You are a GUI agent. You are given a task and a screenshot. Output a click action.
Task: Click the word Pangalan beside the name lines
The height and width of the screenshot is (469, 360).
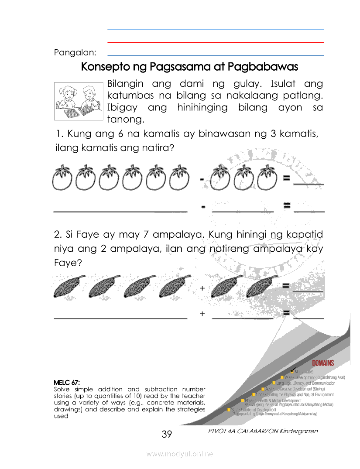click(x=75, y=53)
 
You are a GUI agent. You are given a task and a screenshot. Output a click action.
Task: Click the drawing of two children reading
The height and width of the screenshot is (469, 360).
click(x=79, y=101)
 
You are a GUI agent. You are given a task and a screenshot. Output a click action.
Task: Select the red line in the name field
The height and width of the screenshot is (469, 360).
click(x=216, y=43)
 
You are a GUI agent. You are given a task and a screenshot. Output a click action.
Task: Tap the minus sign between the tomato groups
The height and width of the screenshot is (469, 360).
click(x=202, y=179)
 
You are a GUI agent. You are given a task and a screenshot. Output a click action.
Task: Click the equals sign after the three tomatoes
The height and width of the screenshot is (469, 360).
click(x=286, y=178)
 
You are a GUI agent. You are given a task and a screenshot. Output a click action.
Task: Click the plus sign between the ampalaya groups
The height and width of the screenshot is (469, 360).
click(x=202, y=288)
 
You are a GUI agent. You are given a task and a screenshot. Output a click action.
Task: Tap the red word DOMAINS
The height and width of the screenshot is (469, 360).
click(x=322, y=363)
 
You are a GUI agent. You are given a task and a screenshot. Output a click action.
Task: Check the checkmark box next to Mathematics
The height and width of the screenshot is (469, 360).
click(x=292, y=371)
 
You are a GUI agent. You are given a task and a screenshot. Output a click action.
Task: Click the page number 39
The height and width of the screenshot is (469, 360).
click(x=167, y=434)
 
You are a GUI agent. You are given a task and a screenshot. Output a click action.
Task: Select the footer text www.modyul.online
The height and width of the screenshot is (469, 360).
click(x=180, y=454)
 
